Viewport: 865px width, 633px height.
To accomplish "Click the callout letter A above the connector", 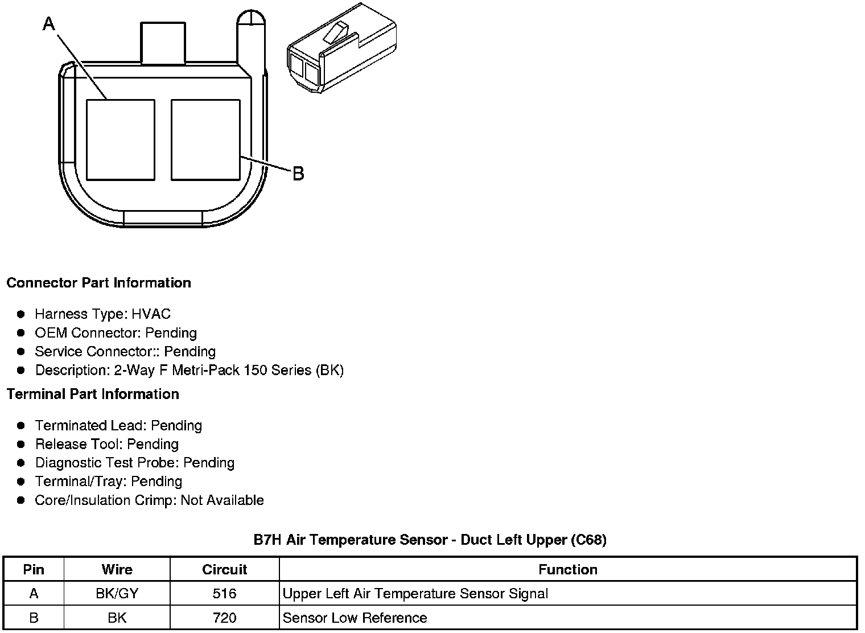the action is click(49, 23).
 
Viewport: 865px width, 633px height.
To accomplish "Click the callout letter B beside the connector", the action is click(298, 174).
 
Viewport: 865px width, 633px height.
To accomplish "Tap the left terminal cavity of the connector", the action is click(121, 140).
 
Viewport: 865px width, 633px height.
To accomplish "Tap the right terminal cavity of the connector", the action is click(205, 140).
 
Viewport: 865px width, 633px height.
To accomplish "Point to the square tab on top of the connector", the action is click(163, 43).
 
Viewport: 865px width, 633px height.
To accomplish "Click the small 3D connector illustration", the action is click(341, 48).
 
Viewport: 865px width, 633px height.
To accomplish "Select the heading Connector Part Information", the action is click(99, 283).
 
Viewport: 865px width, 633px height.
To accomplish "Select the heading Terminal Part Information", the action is click(93, 394).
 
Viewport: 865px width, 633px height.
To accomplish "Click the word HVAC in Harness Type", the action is click(151, 314).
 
